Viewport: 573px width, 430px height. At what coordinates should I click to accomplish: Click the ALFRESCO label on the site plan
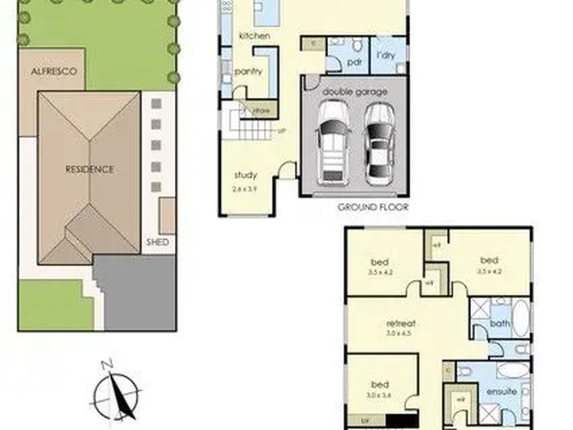(54, 72)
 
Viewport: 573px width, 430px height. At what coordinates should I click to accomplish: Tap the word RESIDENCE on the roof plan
(90, 169)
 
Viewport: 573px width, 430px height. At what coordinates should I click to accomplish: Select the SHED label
(157, 242)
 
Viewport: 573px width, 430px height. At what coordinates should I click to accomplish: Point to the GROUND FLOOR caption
(373, 207)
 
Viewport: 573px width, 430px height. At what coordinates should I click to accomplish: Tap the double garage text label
(355, 92)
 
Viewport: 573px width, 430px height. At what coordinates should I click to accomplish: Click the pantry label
(249, 72)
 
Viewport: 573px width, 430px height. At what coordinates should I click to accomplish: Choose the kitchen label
(254, 36)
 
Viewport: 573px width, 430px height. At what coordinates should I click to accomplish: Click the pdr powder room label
(354, 62)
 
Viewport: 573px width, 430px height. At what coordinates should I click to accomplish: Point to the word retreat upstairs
(401, 323)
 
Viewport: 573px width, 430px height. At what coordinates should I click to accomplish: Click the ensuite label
(502, 392)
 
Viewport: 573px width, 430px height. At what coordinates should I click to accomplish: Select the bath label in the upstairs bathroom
(500, 323)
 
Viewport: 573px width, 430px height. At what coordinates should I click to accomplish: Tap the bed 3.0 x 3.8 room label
(380, 389)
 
